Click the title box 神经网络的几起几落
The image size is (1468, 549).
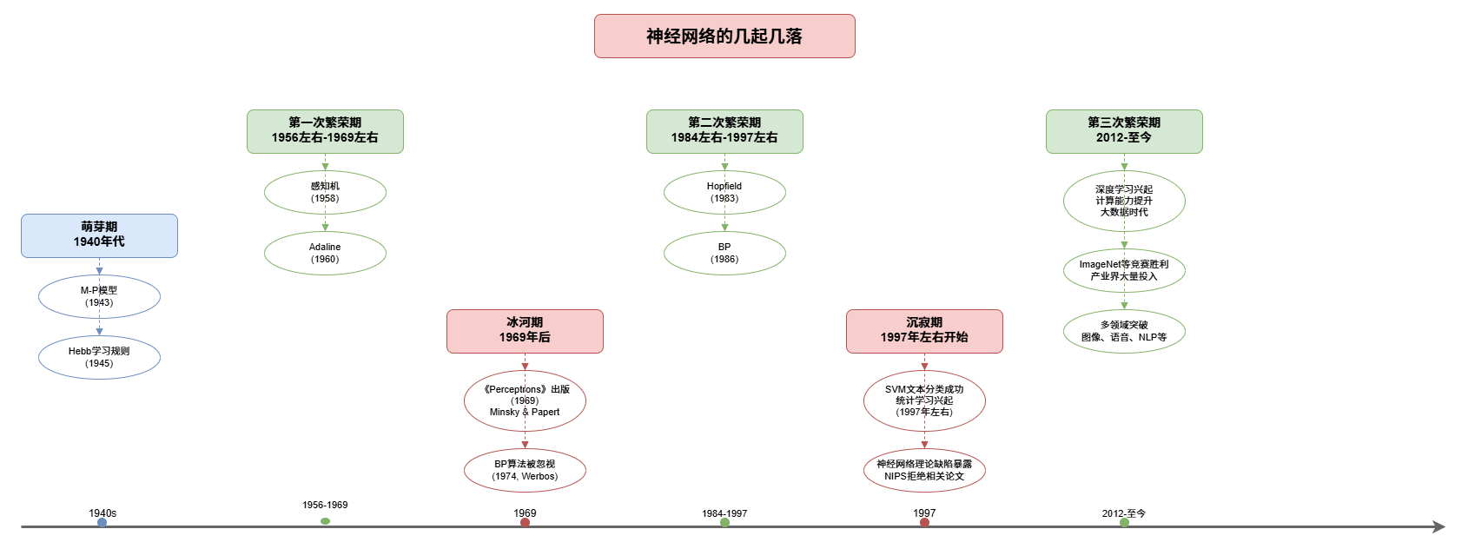click(724, 36)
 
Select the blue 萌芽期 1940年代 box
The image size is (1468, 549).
click(99, 235)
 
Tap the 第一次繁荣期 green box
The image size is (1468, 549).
click(325, 131)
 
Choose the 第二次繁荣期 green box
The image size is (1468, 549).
click(724, 131)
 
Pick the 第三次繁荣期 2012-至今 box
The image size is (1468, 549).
click(1124, 131)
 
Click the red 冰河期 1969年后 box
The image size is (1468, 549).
click(525, 331)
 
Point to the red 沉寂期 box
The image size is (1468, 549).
click(924, 331)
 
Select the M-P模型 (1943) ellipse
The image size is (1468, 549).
click(99, 297)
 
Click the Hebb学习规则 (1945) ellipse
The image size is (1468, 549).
click(99, 357)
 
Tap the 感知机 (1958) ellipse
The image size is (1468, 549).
click(325, 193)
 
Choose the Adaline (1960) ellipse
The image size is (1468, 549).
click(325, 253)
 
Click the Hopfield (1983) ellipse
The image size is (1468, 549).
click(724, 193)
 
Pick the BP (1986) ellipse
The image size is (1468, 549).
click(724, 253)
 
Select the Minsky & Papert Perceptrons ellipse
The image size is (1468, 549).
click(525, 401)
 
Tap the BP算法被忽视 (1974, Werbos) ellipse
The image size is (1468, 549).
click(525, 470)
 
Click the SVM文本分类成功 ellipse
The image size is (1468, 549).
click(924, 401)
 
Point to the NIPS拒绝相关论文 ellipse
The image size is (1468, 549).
click(924, 470)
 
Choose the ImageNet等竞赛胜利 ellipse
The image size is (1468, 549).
click(1124, 270)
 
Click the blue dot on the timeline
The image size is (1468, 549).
click(102, 523)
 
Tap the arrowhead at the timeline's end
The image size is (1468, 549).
click(1438, 526)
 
